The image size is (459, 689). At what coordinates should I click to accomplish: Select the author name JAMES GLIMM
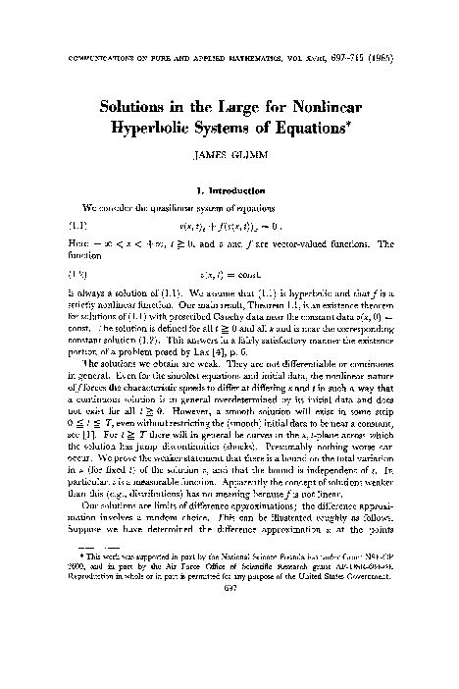(x=229, y=157)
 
